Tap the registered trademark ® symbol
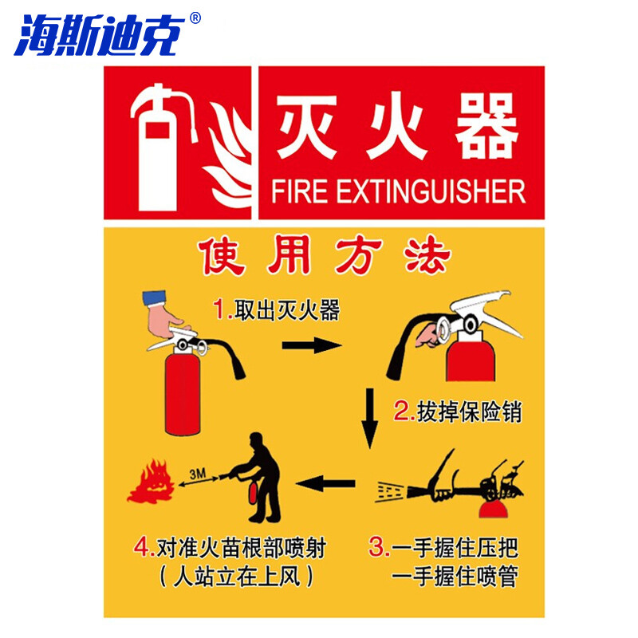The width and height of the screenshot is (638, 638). coord(196,18)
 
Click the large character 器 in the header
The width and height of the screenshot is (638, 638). coord(486,128)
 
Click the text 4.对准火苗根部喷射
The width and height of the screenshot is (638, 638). coord(230,549)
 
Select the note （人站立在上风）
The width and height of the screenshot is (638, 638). coord(236,576)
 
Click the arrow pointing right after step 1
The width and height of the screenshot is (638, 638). coord(310,345)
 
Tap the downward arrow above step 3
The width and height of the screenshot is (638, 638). coord(368,418)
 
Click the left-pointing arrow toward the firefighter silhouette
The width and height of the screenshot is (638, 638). coord(327,482)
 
